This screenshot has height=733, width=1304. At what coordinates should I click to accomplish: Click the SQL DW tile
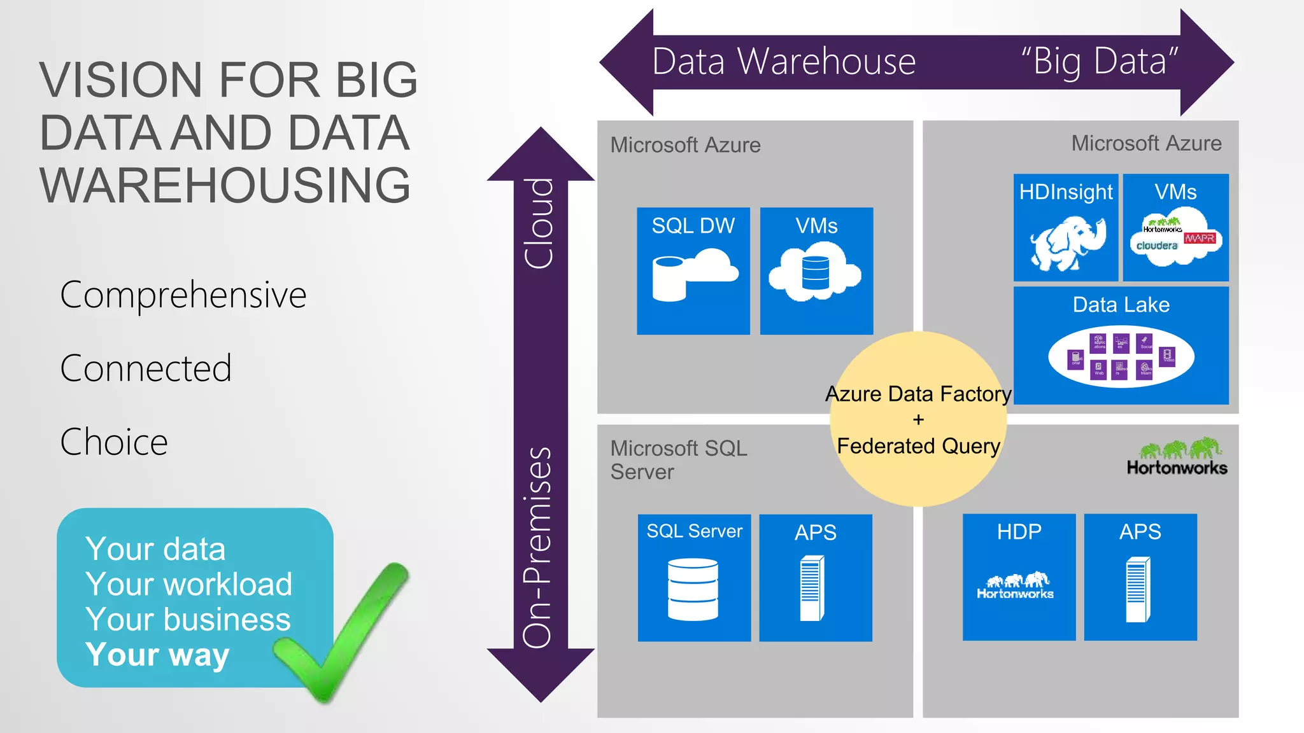click(x=693, y=270)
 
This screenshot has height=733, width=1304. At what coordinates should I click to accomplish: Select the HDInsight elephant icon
click(x=1066, y=243)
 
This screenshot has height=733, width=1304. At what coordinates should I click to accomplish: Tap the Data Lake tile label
click(x=1121, y=305)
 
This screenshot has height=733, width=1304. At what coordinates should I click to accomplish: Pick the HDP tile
click(x=1019, y=576)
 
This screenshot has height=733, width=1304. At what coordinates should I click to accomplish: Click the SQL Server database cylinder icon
click(x=693, y=589)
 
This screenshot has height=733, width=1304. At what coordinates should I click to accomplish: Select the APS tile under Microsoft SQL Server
click(x=815, y=577)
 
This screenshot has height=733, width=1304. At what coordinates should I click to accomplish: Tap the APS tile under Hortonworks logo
click(x=1140, y=576)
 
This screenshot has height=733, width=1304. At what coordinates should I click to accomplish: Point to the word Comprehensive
click(x=183, y=295)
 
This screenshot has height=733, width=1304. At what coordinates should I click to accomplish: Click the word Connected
click(x=146, y=368)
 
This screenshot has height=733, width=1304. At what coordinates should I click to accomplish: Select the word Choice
click(x=114, y=442)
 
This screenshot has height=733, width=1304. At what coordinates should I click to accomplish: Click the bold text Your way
click(x=157, y=655)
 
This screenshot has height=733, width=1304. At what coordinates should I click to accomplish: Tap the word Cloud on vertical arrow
click(x=539, y=223)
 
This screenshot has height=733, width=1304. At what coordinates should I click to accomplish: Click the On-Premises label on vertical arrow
click(x=537, y=547)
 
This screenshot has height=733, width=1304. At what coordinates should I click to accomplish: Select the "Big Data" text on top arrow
click(x=1099, y=62)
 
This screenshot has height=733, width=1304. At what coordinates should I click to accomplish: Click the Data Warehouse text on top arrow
click(x=783, y=62)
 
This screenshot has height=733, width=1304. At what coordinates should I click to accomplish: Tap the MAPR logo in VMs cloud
click(x=1200, y=238)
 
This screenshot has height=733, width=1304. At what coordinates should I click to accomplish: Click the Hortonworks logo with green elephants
click(x=1177, y=457)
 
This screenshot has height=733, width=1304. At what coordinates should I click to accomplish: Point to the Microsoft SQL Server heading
click(x=678, y=459)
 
